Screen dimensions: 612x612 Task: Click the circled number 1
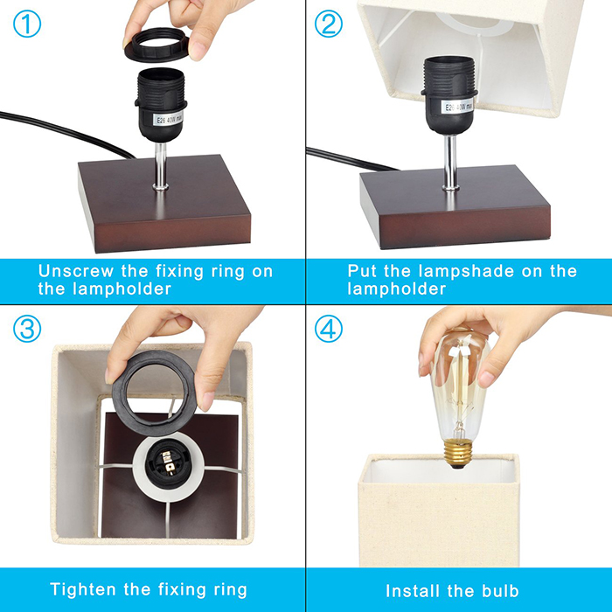(x=27, y=24)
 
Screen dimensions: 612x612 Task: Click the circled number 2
(x=329, y=24)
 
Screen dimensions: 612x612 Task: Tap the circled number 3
(x=27, y=329)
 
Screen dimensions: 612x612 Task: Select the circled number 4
(x=329, y=329)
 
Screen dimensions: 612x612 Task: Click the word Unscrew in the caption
(x=76, y=271)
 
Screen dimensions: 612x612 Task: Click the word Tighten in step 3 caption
(x=84, y=590)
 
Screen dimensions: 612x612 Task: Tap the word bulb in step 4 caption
(x=500, y=591)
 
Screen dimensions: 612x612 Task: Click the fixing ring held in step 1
(x=156, y=44)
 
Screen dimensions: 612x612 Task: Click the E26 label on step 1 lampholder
(x=168, y=118)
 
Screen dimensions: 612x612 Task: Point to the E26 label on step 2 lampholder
(x=459, y=106)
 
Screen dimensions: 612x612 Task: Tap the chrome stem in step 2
(x=450, y=162)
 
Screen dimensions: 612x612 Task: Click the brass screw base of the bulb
(x=458, y=453)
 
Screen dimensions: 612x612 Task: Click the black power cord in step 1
(x=66, y=134)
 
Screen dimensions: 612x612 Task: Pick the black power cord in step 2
(x=351, y=159)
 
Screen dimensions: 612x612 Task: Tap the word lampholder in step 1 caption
(x=122, y=289)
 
